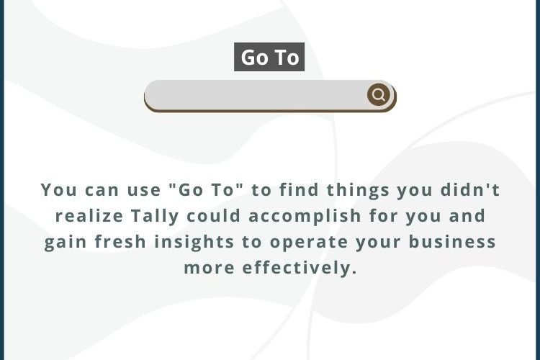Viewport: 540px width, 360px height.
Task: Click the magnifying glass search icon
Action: tap(379, 94)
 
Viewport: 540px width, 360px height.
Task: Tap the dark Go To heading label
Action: tap(269, 57)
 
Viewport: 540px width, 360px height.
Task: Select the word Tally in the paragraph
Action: tap(155, 216)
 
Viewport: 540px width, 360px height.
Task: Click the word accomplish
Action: tap(305, 216)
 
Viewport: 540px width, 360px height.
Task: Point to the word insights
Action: tap(194, 242)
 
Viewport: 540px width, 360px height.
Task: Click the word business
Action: tap(452, 242)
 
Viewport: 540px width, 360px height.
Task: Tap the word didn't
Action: tap(470, 190)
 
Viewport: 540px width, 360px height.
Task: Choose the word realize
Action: tap(89, 216)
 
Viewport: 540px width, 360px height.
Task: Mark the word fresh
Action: tap(120, 242)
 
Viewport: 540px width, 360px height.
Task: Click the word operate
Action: tap(309, 243)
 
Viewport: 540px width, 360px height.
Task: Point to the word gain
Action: tap(65, 243)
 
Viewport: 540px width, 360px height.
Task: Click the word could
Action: tap(214, 216)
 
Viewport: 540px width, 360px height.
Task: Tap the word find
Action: tap(299, 190)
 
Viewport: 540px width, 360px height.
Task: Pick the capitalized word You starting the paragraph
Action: tap(59, 190)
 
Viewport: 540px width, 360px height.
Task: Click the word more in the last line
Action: tap(209, 269)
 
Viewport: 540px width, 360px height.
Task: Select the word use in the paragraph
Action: tap(144, 191)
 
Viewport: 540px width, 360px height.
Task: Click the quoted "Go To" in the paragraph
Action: tap(206, 190)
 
